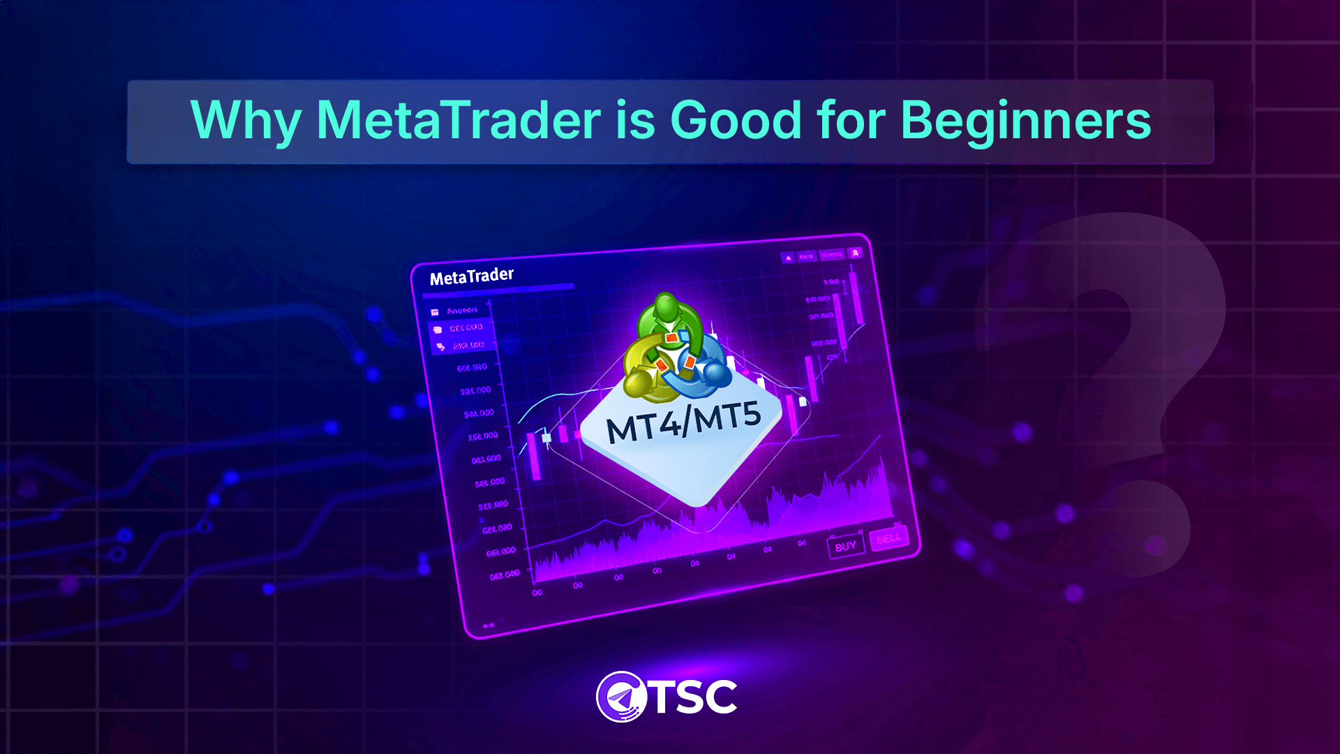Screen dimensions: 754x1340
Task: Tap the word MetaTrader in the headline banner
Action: pyautogui.click(x=459, y=119)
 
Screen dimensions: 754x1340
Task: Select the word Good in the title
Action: pyautogui.click(x=736, y=119)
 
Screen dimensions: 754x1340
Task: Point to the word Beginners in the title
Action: pyautogui.click(x=1025, y=121)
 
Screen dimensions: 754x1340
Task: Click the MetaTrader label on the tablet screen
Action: pyautogui.click(x=472, y=276)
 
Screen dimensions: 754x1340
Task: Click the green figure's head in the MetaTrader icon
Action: pyautogui.click(x=667, y=306)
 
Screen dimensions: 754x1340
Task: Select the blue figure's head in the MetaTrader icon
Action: pyautogui.click(x=715, y=374)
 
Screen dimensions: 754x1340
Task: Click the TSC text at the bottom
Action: pyautogui.click(x=694, y=697)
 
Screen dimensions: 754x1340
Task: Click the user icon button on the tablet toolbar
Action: pyautogui.click(x=856, y=253)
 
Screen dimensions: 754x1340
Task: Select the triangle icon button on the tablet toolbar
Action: pyautogui.click(x=789, y=258)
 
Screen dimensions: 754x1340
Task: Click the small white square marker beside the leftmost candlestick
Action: pyautogui.click(x=546, y=438)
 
